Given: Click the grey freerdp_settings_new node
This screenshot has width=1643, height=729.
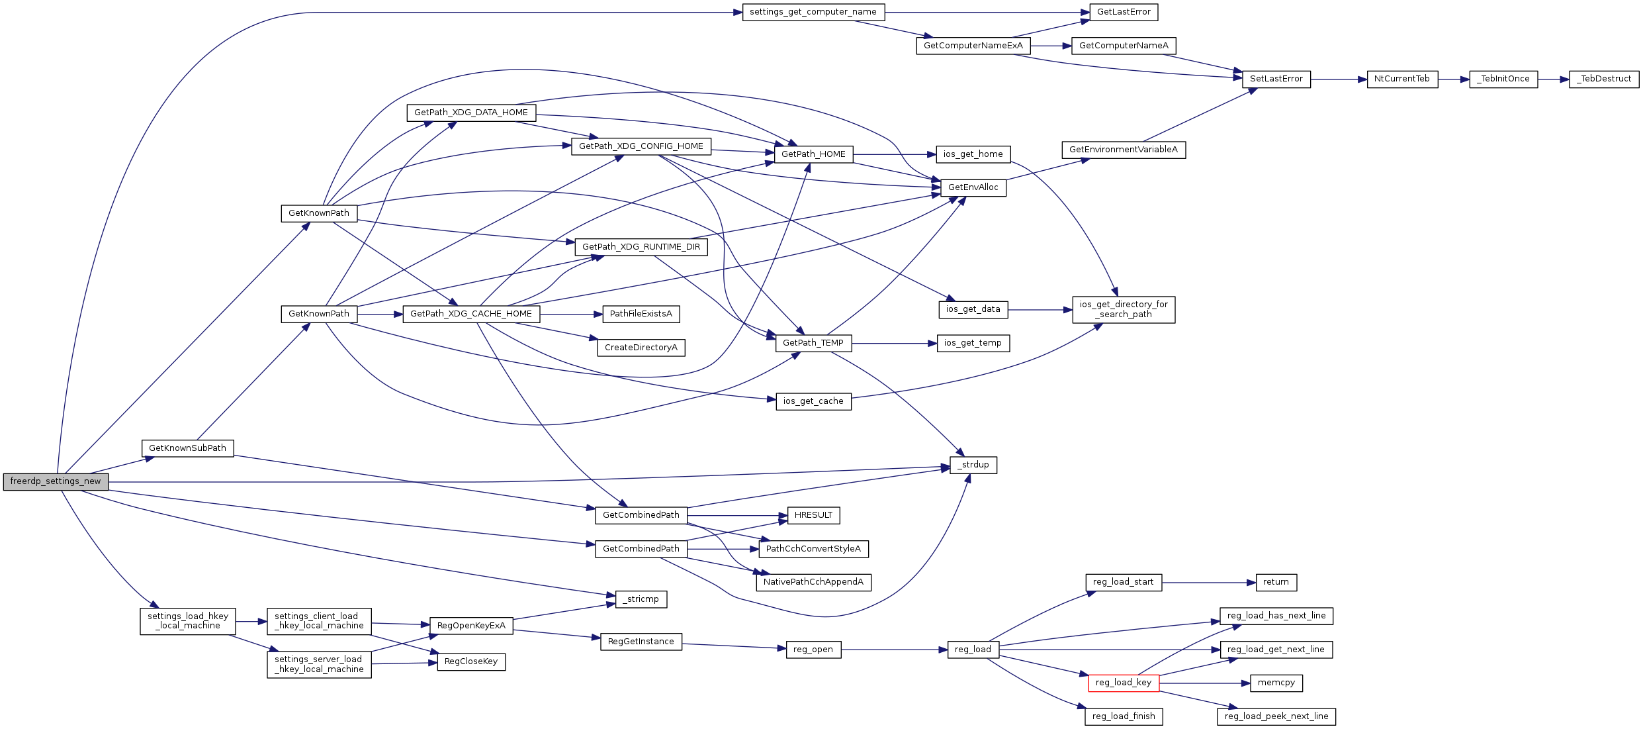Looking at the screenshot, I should pos(56,482).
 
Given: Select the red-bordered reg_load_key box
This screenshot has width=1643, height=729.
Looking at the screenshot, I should pos(1123,683).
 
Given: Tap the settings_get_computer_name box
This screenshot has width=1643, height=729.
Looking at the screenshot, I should pos(813,12).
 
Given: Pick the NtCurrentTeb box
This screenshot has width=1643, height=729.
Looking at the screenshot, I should pos(1401,79).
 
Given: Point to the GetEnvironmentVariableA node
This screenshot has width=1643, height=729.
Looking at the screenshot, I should pos(1123,150).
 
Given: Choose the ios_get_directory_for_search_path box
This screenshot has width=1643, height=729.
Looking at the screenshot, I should pos(1123,309).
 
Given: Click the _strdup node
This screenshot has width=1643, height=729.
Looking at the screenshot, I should pos(973,465).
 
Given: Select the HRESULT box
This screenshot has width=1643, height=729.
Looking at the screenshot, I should pos(813,515).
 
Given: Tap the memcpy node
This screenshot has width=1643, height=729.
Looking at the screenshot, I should pos(1276,683).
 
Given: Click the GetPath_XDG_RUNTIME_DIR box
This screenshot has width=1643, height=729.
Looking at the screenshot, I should pos(641,247).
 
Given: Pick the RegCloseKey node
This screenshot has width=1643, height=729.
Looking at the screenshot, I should pos(470,661).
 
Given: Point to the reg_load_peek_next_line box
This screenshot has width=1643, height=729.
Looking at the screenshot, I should pos(1276,716).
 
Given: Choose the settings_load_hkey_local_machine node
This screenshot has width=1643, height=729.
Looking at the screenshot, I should pos(187,621).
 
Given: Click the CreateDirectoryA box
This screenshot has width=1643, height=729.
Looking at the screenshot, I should pos(641,348).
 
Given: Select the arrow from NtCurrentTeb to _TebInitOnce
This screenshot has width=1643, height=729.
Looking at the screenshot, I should pos(1453,79).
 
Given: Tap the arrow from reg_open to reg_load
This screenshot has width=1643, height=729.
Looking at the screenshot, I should pos(894,650).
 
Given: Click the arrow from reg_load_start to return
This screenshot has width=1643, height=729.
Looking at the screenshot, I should pos(1208,583).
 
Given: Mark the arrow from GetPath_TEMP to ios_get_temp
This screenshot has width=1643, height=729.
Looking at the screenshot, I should pos(894,344).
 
